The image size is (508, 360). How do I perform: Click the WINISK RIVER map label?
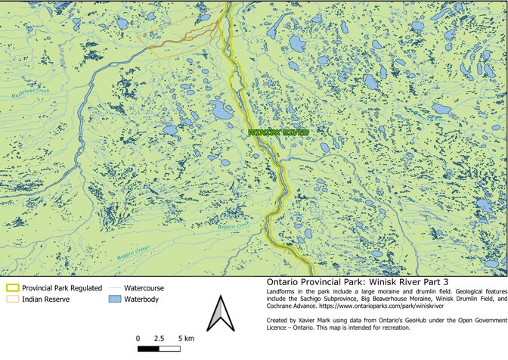click(279, 132)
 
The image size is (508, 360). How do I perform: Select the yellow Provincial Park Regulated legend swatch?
click(12, 288)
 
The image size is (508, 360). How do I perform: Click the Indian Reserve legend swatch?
click(12, 299)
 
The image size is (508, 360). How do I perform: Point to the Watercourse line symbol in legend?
click(114, 288)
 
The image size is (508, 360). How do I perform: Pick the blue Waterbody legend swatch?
click(114, 299)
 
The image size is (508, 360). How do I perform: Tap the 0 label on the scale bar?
click(138, 337)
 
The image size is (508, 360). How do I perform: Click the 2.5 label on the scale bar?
click(160, 337)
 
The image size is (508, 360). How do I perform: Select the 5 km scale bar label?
click(185, 337)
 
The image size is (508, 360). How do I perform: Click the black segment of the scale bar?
click(149, 349)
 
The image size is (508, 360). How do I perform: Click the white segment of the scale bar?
click(170, 349)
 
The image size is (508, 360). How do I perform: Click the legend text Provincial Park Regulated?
click(61, 288)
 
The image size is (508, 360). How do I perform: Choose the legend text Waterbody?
click(144, 299)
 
